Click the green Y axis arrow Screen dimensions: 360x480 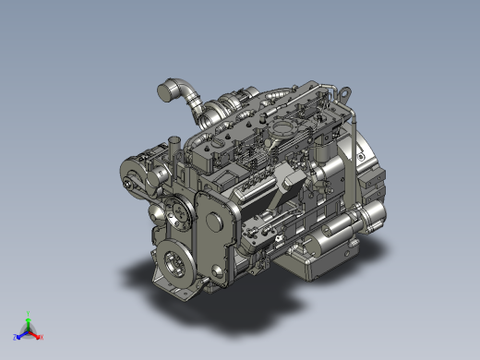point(29,317)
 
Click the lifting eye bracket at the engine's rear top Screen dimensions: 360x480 point(344,95)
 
